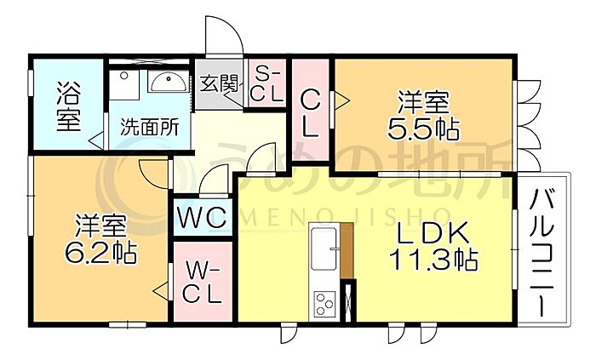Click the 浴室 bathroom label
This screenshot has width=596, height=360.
pos(68,106)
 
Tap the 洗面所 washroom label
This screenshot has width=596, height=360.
pos(149,128)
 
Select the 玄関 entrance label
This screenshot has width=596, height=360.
pos(219,84)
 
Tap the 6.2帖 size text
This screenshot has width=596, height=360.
pos(100,254)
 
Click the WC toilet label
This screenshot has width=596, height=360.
pos(202,218)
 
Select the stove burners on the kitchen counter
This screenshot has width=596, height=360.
pos(324,304)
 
